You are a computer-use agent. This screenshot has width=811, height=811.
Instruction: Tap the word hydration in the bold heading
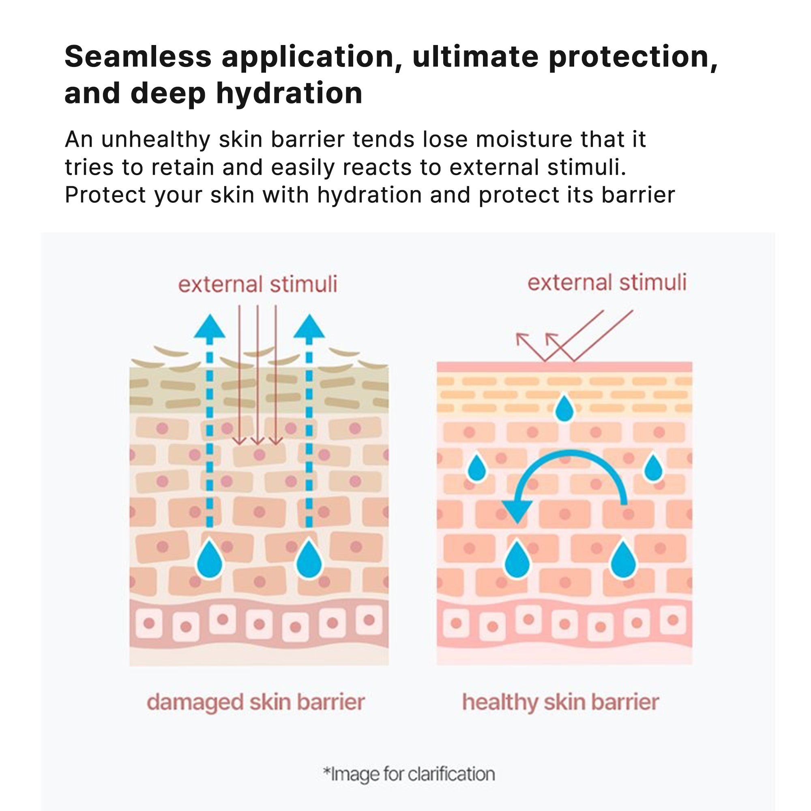coord(289,93)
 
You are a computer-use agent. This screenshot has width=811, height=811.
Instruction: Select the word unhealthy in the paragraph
coord(155,140)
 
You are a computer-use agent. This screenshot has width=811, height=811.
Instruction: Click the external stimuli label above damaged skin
coord(257,284)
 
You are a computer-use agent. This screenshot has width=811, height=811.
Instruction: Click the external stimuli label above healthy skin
coord(607,282)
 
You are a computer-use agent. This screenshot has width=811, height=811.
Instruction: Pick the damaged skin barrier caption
coord(255,702)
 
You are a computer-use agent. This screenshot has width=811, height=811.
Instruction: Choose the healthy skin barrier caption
coord(560,702)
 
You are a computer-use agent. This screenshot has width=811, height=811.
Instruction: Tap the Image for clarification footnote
coord(409,774)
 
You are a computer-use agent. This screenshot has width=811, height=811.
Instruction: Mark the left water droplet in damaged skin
coord(210,559)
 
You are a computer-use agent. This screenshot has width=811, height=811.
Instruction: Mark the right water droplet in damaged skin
coord(309,559)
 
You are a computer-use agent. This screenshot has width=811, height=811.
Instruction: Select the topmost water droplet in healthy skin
coord(564,408)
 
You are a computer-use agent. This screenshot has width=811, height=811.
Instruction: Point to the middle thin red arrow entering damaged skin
coord(257,378)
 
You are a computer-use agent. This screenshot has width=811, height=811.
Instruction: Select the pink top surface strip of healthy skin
coord(564,367)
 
